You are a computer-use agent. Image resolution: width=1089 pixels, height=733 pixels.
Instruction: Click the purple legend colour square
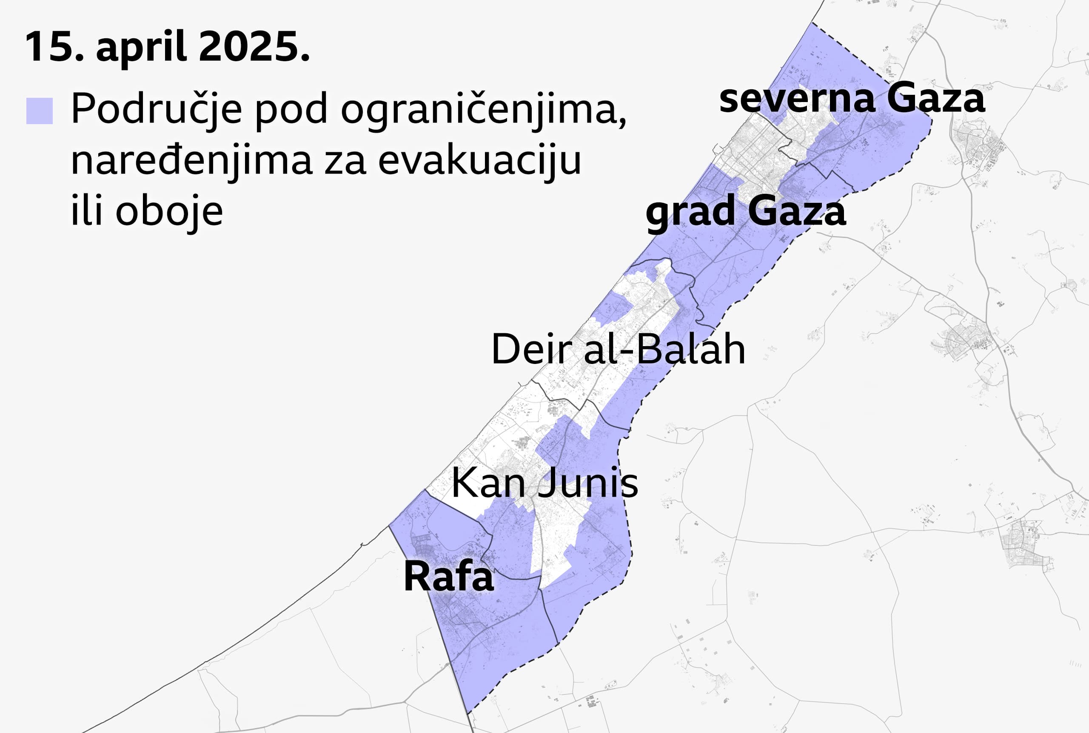[x=39, y=111]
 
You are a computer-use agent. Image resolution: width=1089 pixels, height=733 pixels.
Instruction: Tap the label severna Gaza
[x=852, y=99]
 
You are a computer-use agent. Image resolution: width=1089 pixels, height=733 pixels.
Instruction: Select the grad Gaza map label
[x=746, y=212]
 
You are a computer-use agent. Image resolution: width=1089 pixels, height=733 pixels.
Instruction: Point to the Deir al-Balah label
[x=618, y=349]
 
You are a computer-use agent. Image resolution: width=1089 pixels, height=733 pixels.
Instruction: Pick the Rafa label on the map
[x=448, y=577]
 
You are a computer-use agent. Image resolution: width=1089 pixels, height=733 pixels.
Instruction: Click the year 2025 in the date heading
[x=254, y=46]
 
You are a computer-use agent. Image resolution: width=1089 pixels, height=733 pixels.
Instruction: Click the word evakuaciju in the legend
[x=479, y=160]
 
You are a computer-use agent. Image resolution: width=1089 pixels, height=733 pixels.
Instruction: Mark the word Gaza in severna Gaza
[x=935, y=99]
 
